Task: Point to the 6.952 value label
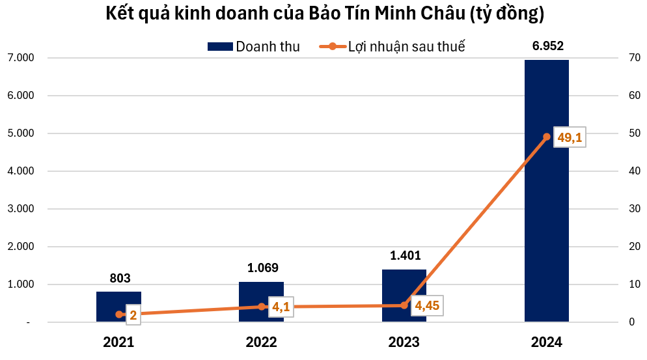pos(547,46)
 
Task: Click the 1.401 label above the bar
pos(404,256)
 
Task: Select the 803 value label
pos(119,278)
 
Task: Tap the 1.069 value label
pos(262,268)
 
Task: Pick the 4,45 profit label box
pos(426,306)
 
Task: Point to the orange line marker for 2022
pos(262,307)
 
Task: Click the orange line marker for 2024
pos(547,137)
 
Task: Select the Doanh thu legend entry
pos(254,46)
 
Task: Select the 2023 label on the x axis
pos(404,342)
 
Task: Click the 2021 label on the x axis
pos(119,342)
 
